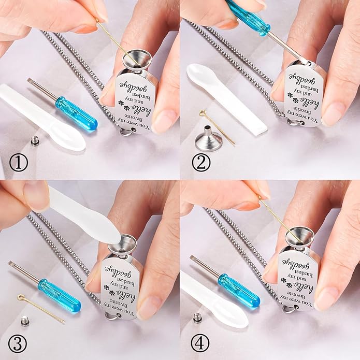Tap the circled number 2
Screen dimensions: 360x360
(201, 163)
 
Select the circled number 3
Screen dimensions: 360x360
(18, 344)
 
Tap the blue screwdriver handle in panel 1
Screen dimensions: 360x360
(77, 113)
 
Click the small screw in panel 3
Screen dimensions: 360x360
(24, 320)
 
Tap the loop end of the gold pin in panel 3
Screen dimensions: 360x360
(20, 297)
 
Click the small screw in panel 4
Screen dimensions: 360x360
(198, 318)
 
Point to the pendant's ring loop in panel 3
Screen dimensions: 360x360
(113, 315)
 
